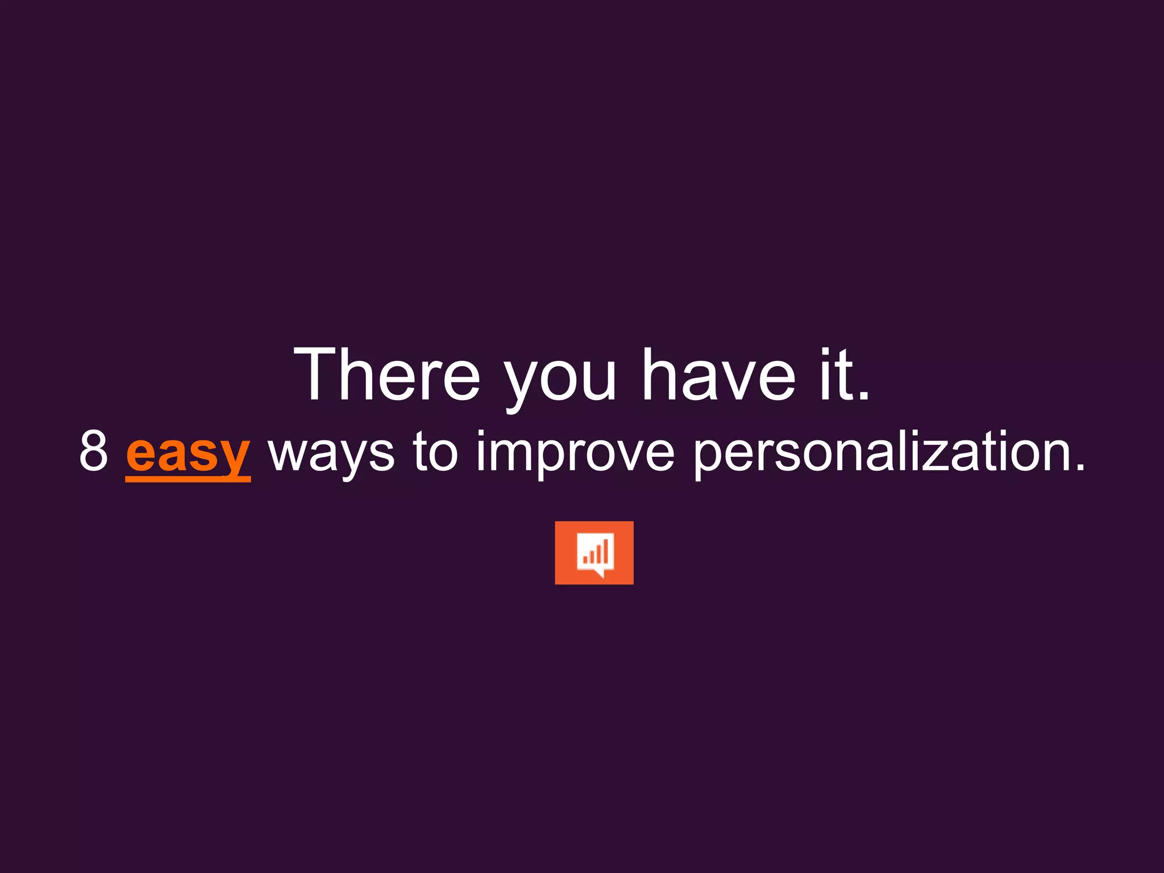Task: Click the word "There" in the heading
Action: tap(386, 375)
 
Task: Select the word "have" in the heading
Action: tap(718, 375)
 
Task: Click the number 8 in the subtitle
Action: tap(94, 451)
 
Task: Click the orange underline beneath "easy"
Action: tap(188, 479)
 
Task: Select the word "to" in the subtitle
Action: tap(435, 451)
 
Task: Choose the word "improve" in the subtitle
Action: tap(575, 455)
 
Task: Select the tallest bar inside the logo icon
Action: tap(606, 550)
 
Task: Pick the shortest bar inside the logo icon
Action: tap(585, 560)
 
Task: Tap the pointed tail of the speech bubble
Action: tap(600, 574)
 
